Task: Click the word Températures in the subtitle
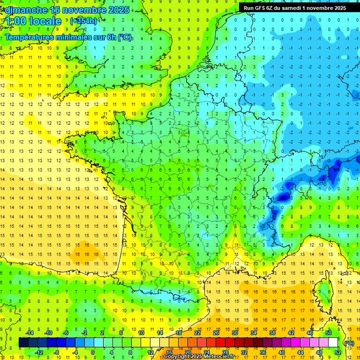(31, 37)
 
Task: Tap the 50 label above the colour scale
(328, 333)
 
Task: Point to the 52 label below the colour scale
(337, 352)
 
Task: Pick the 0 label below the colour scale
(93, 352)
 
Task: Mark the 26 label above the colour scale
(216, 333)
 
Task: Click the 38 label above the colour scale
(272, 333)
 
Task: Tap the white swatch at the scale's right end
(333, 343)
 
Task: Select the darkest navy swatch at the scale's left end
(23, 343)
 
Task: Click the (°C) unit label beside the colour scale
(349, 343)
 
